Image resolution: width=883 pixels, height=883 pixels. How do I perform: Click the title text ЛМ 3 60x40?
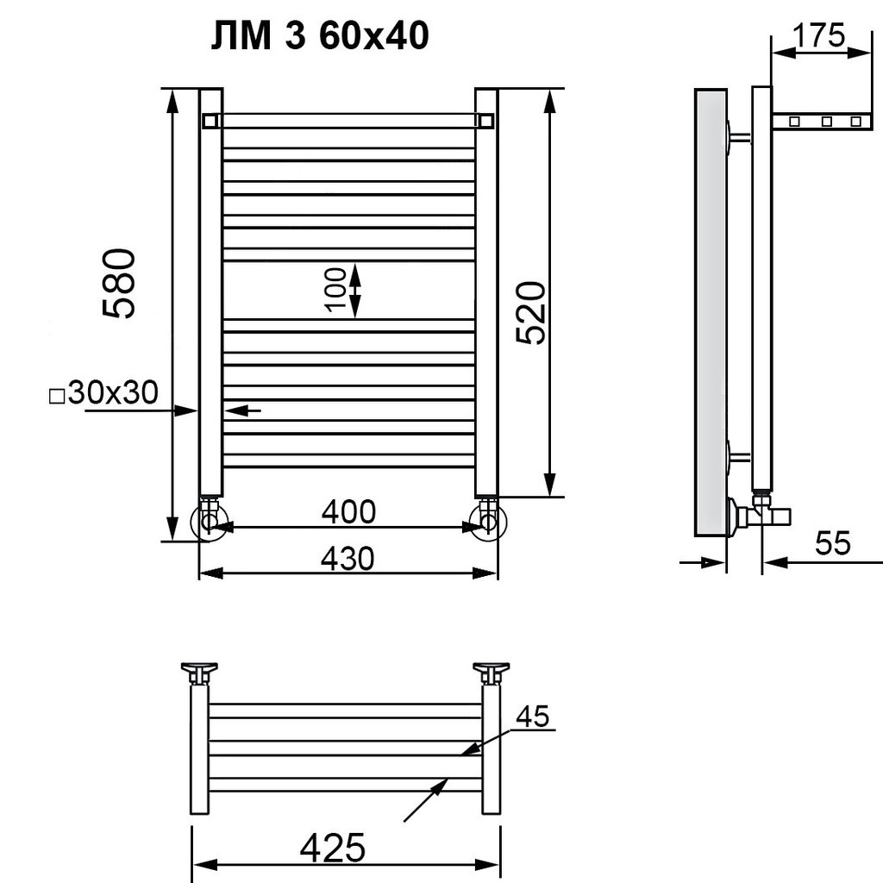320,36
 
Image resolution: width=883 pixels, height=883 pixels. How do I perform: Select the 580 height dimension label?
119,283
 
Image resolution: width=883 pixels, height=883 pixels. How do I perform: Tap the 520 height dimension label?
531,313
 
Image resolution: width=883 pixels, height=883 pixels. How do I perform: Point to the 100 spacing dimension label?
335,290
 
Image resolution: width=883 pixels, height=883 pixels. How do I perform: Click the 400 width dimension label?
348,511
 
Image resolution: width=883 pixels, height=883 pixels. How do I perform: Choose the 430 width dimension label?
348,558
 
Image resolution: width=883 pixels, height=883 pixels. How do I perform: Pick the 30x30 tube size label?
113,392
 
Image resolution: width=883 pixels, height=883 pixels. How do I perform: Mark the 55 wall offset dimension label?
833,543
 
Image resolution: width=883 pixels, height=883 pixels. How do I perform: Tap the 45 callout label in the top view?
532,717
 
